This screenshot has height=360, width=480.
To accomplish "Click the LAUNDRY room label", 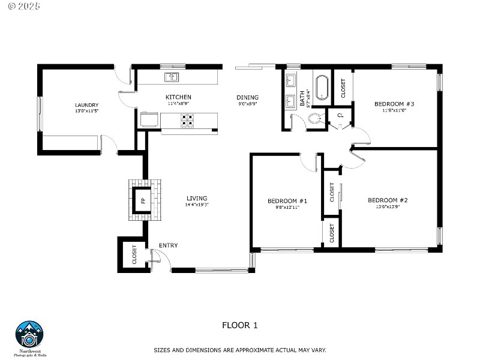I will point(87,105).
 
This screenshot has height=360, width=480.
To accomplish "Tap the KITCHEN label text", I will point(179,97).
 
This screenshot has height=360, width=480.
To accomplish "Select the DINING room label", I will point(247,97).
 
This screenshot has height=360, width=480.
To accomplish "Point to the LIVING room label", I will point(197,198).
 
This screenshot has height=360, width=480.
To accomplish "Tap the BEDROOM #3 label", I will point(394,104).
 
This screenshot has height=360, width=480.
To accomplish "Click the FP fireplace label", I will point(143,200).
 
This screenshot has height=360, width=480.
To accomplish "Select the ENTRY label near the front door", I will point(168,245).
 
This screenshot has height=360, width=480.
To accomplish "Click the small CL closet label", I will point(340,115).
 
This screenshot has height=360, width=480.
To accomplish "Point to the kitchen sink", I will point(172,77).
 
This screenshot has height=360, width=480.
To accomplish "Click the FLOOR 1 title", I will point(239,325).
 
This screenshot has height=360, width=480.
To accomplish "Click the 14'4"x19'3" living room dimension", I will point(197,205).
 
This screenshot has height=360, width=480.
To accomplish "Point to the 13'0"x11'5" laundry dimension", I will point(87,112).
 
